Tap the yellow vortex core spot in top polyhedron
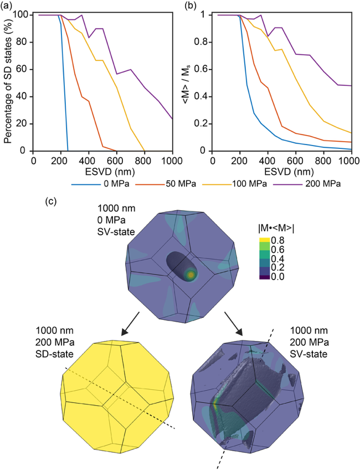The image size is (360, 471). [192, 274]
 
